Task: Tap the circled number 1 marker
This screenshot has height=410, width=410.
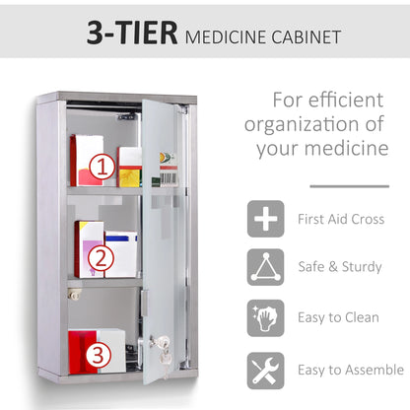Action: pos(102,169)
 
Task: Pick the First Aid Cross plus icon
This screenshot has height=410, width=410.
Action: pos(265,218)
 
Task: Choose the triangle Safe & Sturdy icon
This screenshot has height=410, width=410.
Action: pos(265,267)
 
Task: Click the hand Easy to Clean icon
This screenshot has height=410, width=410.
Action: pos(265,317)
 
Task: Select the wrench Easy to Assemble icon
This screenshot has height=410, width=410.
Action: pos(265,369)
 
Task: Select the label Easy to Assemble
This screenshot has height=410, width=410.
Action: pos(351,370)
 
